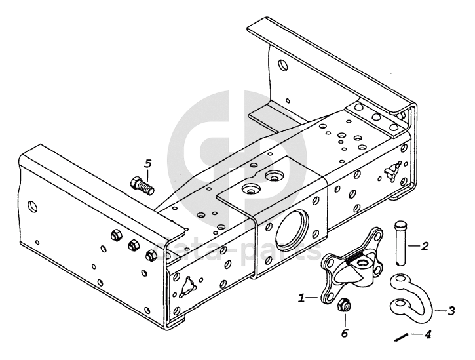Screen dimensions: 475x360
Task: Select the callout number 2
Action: click(425, 247)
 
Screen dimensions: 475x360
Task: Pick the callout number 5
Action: click(148, 163)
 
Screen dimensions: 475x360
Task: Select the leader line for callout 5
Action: click(147, 173)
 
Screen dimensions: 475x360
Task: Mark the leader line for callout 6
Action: click(343, 319)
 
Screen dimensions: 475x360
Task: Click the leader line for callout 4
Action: click(415, 334)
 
